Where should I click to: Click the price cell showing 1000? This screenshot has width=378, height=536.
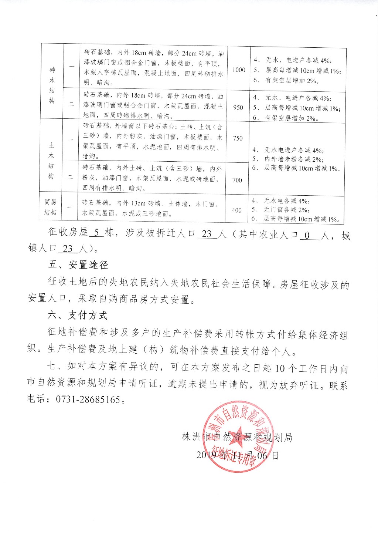pyautogui.click(x=239, y=70)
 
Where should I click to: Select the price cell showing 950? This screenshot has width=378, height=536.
pyautogui.click(x=238, y=107)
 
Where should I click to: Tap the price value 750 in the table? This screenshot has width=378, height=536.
pyautogui.click(x=238, y=138)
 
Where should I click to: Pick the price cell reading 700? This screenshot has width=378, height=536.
pyautogui.click(x=237, y=180)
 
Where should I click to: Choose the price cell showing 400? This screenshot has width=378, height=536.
pyautogui.click(x=236, y=210)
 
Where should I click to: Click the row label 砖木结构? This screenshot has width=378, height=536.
pyautogui.click(x=52, y=85)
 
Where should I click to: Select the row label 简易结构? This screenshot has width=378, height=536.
pyautogui.click(x=51, y=207)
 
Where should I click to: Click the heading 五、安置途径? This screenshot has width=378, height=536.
pyautogui.click(x=78, y=265)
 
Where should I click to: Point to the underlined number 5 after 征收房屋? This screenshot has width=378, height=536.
pyautogui.click(x=96, y=233)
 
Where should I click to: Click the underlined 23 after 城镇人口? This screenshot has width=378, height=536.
pyautogui.click(x=68, y=249)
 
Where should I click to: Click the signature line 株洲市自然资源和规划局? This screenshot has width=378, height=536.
pyautogui.click(x=237, y=437)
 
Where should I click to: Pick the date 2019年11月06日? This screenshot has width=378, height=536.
pyautogui.click(x=237, y=455)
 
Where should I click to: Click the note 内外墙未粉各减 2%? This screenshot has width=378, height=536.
pyautogui.click(x=294, y=159)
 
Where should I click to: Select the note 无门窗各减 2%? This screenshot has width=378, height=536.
pyautogui.click(x=286, y=210)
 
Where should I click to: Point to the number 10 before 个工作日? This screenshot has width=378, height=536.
pyautogui.click(x=280, y=368)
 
